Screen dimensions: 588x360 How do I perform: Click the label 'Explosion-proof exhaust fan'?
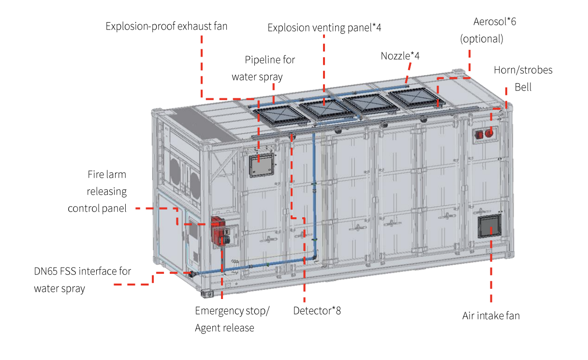click(x=166, y=26)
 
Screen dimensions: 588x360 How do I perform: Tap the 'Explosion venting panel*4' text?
click(x=324, y=28)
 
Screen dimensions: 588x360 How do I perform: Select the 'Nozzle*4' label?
click(x=400, y=56)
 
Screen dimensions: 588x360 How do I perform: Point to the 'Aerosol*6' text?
click(x=495, y=21)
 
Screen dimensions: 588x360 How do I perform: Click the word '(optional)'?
click(x=482, y=39)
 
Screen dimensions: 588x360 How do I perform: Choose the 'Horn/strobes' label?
click(x=523, y=70)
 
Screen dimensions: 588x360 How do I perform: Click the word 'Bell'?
click(x=523, y=87)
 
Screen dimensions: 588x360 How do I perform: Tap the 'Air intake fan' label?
click(x=491, y=315)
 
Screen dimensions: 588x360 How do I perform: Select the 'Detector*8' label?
click(x=317, y=311)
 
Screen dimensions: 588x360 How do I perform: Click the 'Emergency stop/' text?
click(x=232, y=311)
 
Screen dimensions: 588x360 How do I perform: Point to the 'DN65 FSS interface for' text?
click(x=82, y=271)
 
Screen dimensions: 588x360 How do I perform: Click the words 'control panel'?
click(x=97, y=209)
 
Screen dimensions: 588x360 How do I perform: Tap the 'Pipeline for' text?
click(x=270, y=60)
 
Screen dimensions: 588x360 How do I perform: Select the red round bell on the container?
click(x=489, y=133)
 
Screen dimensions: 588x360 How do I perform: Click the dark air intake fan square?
click(x=489, y=226)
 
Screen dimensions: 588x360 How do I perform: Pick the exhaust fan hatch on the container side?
click(x=262, y=165)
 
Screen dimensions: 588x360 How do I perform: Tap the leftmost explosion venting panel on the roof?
click(x=281, y=116)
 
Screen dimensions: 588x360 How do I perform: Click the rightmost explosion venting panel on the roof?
click(x=416, y=98)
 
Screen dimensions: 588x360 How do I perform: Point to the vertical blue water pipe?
click(x=314, y=195)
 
